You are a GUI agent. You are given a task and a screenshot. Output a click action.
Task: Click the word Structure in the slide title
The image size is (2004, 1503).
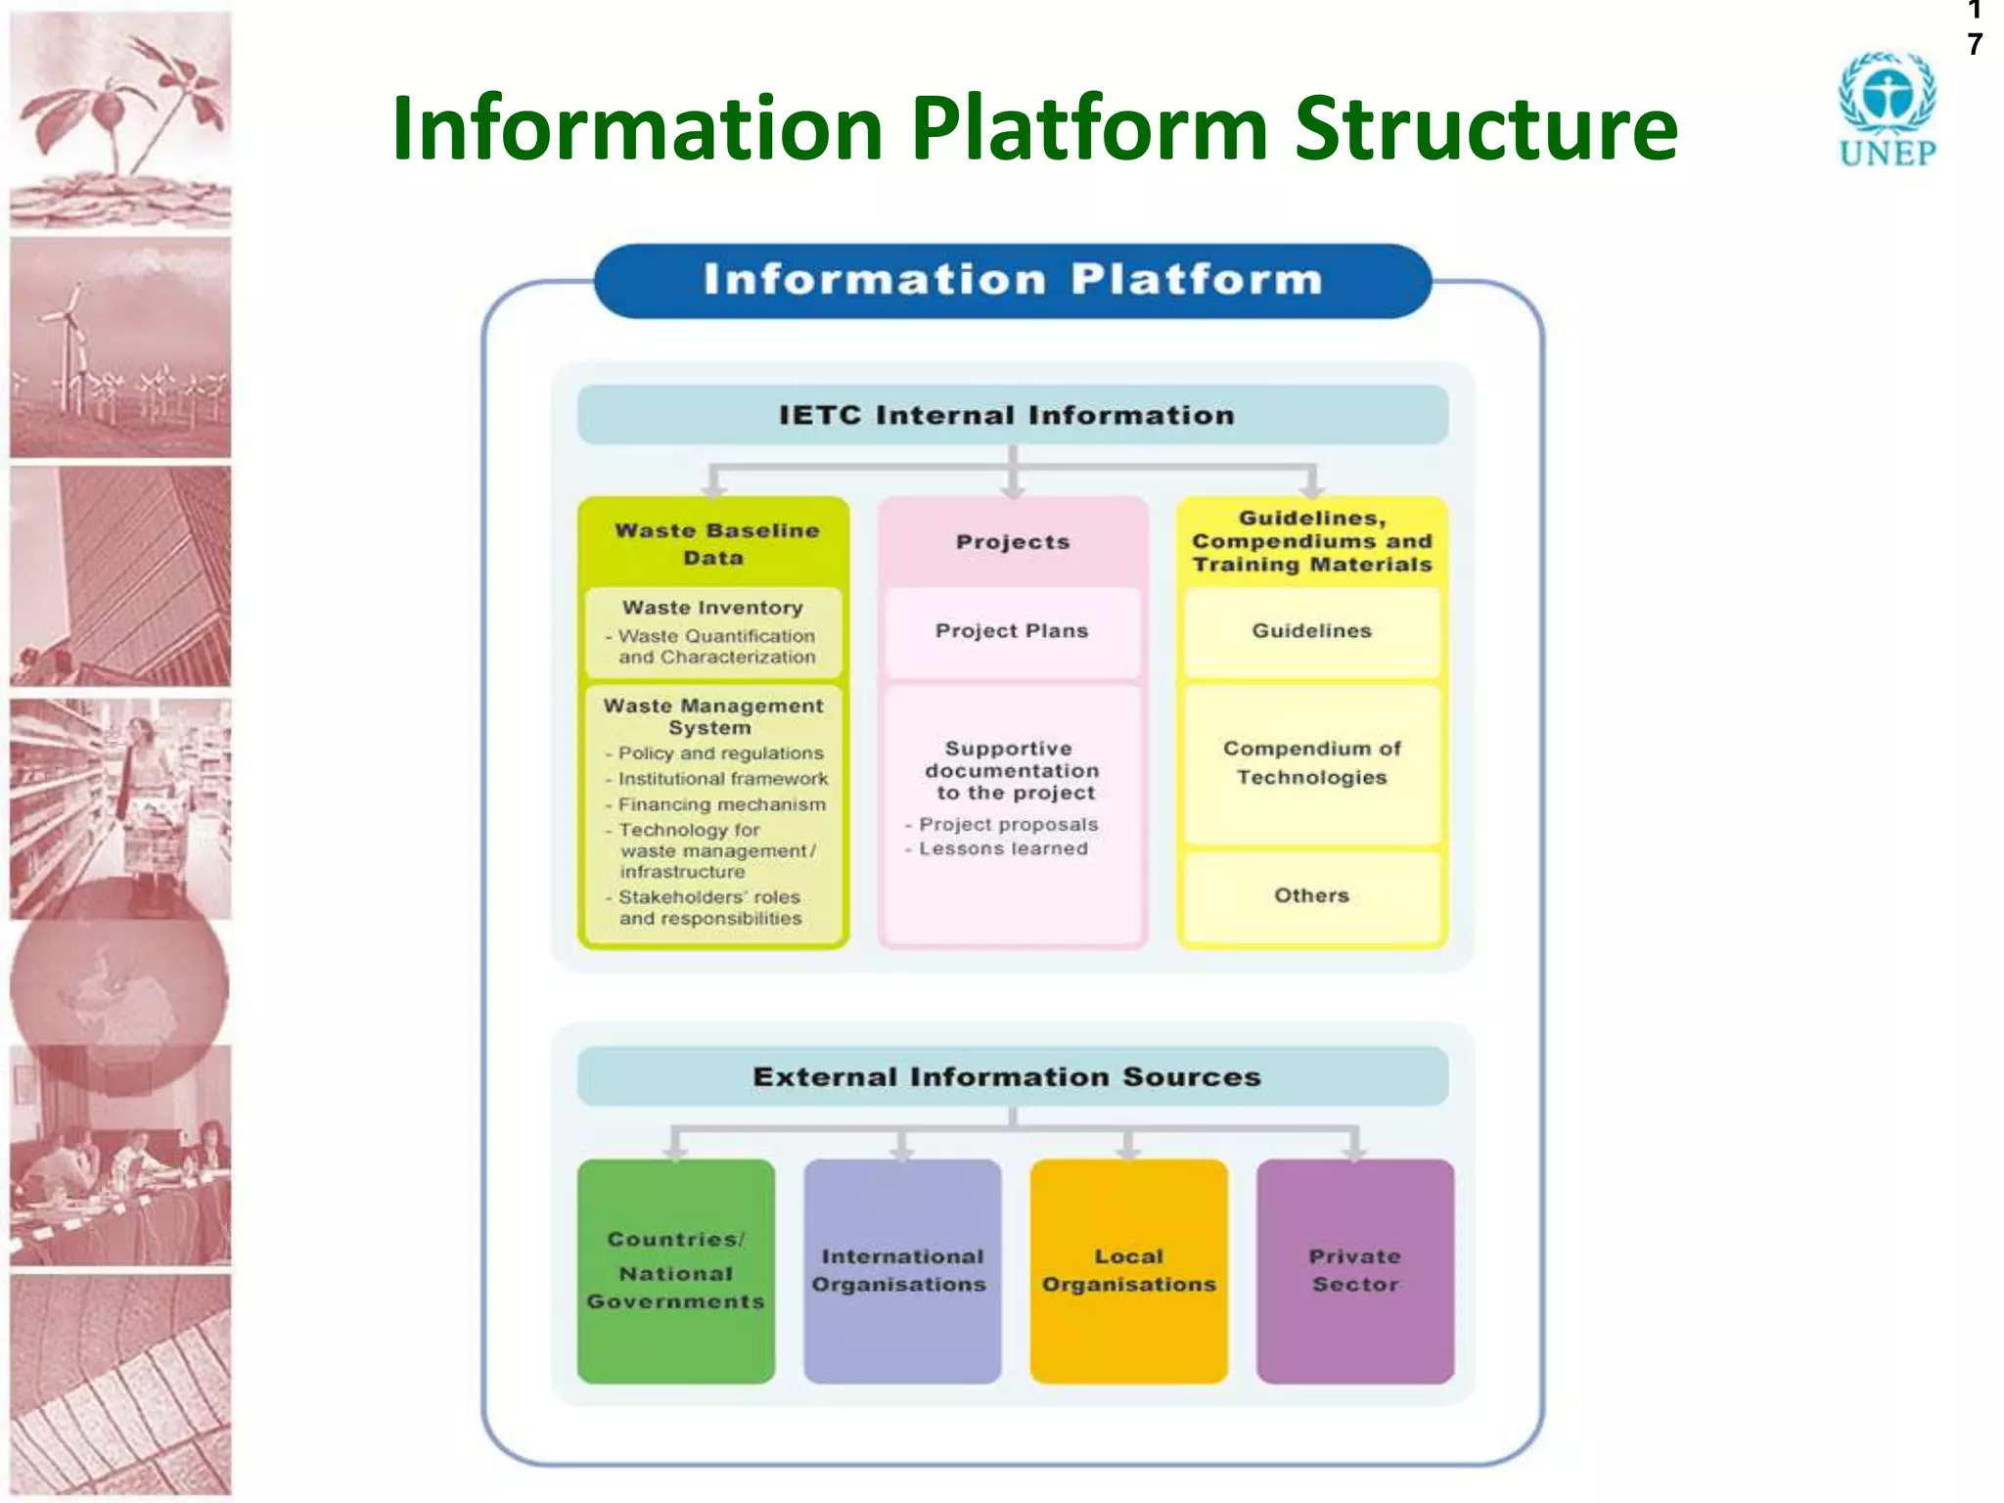pos(1485,129)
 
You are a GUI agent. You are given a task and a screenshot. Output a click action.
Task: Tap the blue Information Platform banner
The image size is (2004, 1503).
pos(1012,281)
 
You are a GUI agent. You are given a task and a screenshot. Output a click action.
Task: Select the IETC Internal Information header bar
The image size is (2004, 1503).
pos(1012,415)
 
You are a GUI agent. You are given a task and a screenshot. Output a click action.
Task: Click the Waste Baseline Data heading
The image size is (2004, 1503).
pos(714,544)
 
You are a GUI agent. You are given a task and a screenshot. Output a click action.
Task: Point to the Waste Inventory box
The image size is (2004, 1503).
pos(713,631)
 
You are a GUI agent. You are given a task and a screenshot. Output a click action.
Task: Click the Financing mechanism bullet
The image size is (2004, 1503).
pos(721,804)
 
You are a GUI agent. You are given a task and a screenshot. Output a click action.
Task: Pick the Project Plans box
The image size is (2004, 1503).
pos(1012,631)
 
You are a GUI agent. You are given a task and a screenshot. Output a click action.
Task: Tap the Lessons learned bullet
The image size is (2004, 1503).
pos(1002,849)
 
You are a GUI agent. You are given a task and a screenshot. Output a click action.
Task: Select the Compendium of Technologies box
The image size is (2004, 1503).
pos(1311,763)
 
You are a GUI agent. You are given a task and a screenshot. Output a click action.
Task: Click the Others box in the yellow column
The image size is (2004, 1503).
pos(1311,895)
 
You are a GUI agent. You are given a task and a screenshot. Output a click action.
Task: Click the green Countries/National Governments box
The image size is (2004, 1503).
pos(676,1270)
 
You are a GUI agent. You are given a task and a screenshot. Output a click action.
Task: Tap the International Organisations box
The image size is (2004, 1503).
pos(901,1270)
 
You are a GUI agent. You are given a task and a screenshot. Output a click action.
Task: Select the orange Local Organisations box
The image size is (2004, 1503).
pos(1128,1270)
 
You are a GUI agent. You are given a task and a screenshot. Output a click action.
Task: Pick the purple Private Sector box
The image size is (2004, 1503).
pos(1354,1270)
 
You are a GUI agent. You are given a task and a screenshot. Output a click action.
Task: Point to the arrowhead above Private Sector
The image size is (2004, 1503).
pos(1354,1152)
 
